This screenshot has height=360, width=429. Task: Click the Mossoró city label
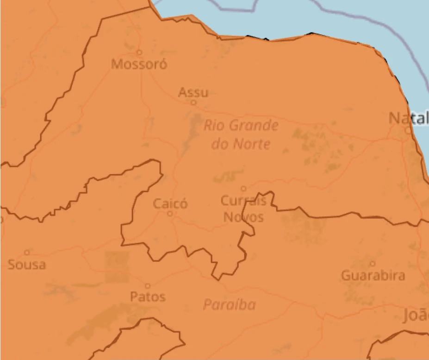point(139,64)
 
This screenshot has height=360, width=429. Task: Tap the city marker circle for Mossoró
point(138,52)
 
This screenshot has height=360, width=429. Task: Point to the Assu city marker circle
point(193,102)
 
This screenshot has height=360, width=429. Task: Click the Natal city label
point(408,119)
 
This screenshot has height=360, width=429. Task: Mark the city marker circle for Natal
point(408,131)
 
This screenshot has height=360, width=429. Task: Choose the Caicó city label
point(170,203)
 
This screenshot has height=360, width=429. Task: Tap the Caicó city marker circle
point(170,214)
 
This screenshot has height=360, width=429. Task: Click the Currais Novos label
point(243,209)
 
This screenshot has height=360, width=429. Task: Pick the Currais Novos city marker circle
point(243,189)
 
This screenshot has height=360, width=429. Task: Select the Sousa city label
point(27,265)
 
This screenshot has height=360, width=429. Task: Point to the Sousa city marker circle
point(27,253)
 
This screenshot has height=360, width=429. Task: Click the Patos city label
point(148,297)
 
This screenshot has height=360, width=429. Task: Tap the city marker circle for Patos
point(148,286)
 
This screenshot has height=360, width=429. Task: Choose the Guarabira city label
point(373,276)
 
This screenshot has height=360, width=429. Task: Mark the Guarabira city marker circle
point(373,264)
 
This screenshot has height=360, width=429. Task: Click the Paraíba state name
point(229,305)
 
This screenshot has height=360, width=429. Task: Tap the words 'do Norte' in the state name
point(241,144)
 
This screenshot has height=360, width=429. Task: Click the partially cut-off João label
point(416,316)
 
